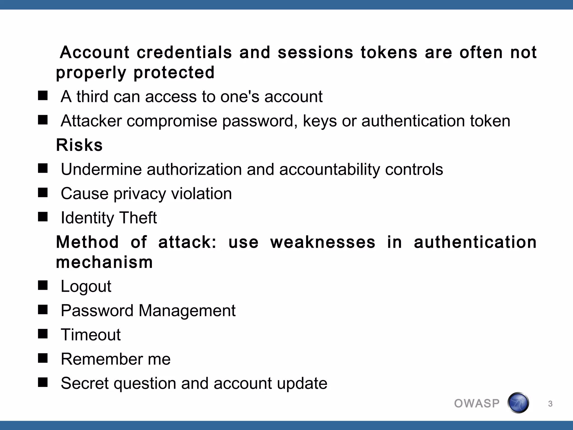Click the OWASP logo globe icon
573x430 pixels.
tap(518, 403)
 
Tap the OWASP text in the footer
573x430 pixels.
tap(477, 403)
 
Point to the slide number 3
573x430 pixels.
tap(550, 404)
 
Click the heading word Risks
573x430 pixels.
tap(79, 145)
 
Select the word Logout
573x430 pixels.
tap(86, 286)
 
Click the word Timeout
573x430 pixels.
tap(91, 335)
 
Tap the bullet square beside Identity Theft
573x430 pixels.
tap(43, 217)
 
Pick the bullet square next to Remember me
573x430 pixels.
tap(43, 358)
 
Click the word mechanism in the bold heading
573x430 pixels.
tap(104, 262)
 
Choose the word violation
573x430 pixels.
tap(201, 193)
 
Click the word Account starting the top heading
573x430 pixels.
tap(95, 52)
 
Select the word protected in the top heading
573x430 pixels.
tap(174, 73)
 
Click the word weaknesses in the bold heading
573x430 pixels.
tap(323, 242)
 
